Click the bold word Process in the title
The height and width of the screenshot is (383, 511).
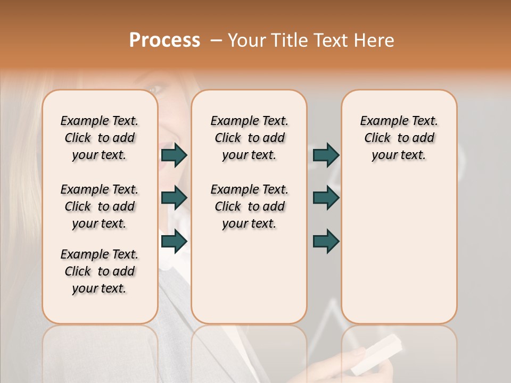coord(164,40)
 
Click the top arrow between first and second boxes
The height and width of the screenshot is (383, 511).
coord(174,155)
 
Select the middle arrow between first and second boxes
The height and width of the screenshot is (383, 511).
coord(174,198)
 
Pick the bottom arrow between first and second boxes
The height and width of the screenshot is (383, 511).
coord(174,240)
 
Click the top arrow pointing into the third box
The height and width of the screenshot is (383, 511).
coord(326,155)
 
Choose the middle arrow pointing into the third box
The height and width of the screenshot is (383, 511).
coord(326,198)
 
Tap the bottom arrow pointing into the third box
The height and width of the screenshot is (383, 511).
coord(326,241)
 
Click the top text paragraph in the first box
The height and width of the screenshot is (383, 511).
coord(100,138)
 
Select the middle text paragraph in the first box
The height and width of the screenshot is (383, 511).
coord(100,206)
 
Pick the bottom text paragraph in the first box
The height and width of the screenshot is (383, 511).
coord(100,271)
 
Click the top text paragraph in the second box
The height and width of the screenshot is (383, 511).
coord(249,138)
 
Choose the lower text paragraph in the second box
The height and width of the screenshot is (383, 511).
coord(249,206)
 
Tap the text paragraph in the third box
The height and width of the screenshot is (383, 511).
coord(399,138)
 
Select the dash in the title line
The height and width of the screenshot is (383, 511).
coord(216,40)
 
